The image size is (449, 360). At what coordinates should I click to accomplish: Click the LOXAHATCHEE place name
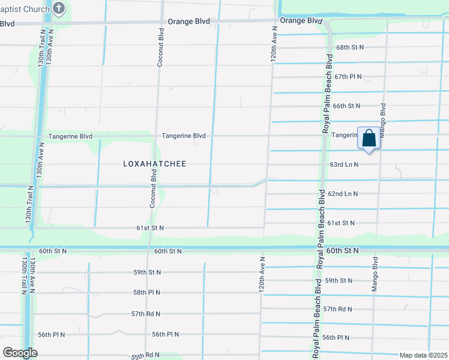point(155,164)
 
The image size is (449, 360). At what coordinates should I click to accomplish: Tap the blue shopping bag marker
point(369,138)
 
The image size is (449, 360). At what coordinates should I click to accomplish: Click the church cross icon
point(59,8)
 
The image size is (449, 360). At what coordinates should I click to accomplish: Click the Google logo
point(20,353)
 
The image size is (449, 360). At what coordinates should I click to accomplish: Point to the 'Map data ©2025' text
point(423,355)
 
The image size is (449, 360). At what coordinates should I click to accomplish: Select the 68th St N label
point(351,47)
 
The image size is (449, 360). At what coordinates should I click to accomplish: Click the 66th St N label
point(346,106)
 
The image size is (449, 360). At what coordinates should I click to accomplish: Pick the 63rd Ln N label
point(344,164)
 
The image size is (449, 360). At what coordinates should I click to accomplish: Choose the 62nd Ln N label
point(343,194)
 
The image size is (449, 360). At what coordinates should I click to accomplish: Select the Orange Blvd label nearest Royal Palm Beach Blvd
point(301,20)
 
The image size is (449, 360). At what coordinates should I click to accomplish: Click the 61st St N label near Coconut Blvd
point(150,228)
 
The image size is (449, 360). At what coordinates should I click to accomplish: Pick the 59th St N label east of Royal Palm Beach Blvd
point(339,280)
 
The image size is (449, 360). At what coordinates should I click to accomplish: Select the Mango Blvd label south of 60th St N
point(375,274)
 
